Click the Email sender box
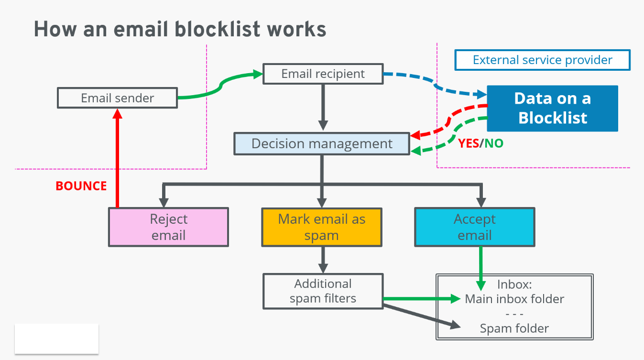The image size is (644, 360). pyautogui.click(x=117, y=98)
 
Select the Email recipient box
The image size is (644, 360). pyautogui.click(x=323, y=74)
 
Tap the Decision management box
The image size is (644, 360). pyautogui.click(x=322, y=144)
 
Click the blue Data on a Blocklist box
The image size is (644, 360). pyautogui.click(x=552, y=108)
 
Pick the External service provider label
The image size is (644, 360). pyautogui.click(x=542, y=60)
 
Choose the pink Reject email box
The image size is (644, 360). pyautogui.click(x=168, y=227)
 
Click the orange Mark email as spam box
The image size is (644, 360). pyautogui.click(x=321, y=227)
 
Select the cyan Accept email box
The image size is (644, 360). pyautogui.click(x=474, y=227)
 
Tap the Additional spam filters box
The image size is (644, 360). pyautogui.click(x=323, y=291)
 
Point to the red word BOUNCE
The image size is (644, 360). pyautogui.click(x=81, y=186)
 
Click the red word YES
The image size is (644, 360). pyautogui.click(x=469, y=143)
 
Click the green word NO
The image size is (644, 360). pyautogui.click(x=494, y=143)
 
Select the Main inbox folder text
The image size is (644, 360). pyautogui.click(x=514, y=299)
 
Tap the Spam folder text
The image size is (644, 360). pyautogui.click(x=514, y=328)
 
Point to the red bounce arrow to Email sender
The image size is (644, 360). pyautogui.click(x=117, y=158)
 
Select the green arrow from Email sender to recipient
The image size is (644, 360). pyautogui.click(x=220, y=86)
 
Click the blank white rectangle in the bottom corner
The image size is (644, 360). pyautogui.click(x=56, y=338)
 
